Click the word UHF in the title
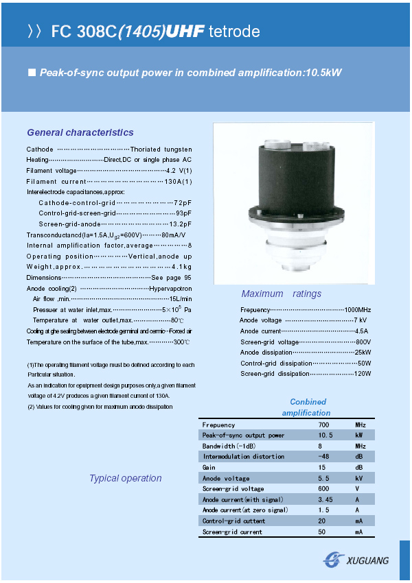click(185, 32)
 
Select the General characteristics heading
click(80, 132)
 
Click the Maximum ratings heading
click(282, 294)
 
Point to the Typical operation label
click(126, 478)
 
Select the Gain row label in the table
click(209, 468)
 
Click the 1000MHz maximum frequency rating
click(357, 310)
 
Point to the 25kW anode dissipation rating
click(362, 353)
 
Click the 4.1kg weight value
click(181, 266)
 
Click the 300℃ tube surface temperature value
click(181, 342)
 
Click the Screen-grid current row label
click(232, 532)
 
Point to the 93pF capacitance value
click(183, 213)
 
